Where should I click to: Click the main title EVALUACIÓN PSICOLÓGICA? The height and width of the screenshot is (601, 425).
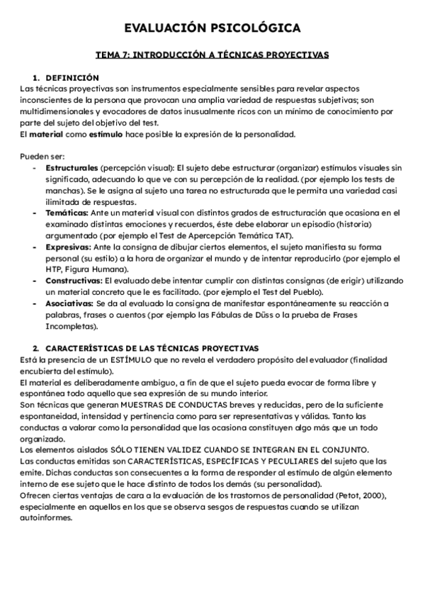pos(212,28)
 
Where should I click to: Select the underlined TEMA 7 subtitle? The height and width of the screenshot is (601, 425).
pos(212,54)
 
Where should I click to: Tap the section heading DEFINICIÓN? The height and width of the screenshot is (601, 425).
pos(72,77)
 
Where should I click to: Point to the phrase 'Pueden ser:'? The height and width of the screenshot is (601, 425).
pos(43,157)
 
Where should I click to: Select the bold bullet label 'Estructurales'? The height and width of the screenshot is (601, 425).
pos(72,168)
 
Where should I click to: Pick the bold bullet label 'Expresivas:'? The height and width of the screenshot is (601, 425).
pos(69,247)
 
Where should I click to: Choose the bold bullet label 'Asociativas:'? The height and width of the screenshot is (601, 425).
pos(69,304)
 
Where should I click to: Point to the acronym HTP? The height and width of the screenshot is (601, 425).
pos(55,270)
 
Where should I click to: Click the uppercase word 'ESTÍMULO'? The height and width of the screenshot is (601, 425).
pos(125,359)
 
